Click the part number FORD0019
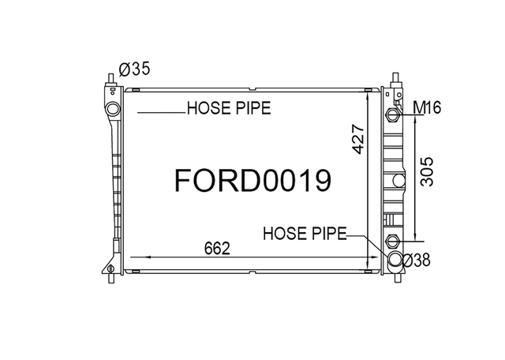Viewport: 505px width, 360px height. click(x=252, y=181)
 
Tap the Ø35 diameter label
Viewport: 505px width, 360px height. click(x=134, y=69)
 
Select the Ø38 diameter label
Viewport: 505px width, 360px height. click(x=416, y=260)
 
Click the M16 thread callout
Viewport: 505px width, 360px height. click(x=427, y=107)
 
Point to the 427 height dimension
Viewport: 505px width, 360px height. click(x=358, y=139)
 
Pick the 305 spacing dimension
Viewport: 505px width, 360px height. click(x=427, y=171)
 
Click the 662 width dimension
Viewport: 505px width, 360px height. click(x=218, y=249)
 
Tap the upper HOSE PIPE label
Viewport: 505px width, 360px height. click(x=229, y=108)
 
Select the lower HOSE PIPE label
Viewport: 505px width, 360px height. click(x=305, y=234)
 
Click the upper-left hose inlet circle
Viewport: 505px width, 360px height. click(x=113, y=109)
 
